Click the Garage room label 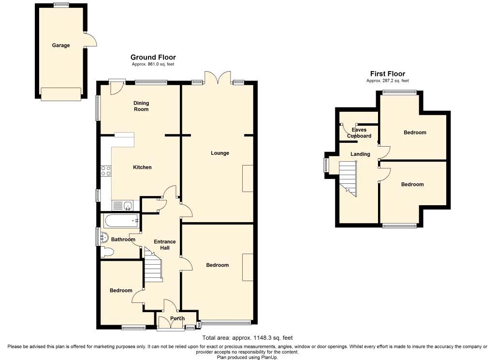click(x=61, y=45)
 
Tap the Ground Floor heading click(x=153, y=57)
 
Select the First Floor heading click(x=388, y=74)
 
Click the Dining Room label click(x=141, y=106)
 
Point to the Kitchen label click(x=143, y=167)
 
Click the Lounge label click(x=220, y=153)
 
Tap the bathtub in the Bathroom click(x=121, y=221)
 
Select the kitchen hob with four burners click(x=106, y=171)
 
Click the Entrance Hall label click(x=165, y=245)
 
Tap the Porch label click(x=177, y=318)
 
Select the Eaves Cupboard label click(x=359, y=133)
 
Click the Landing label click(x=360, y=154)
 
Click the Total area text click(x=247, y=338)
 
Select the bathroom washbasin click(x=104, y=238)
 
